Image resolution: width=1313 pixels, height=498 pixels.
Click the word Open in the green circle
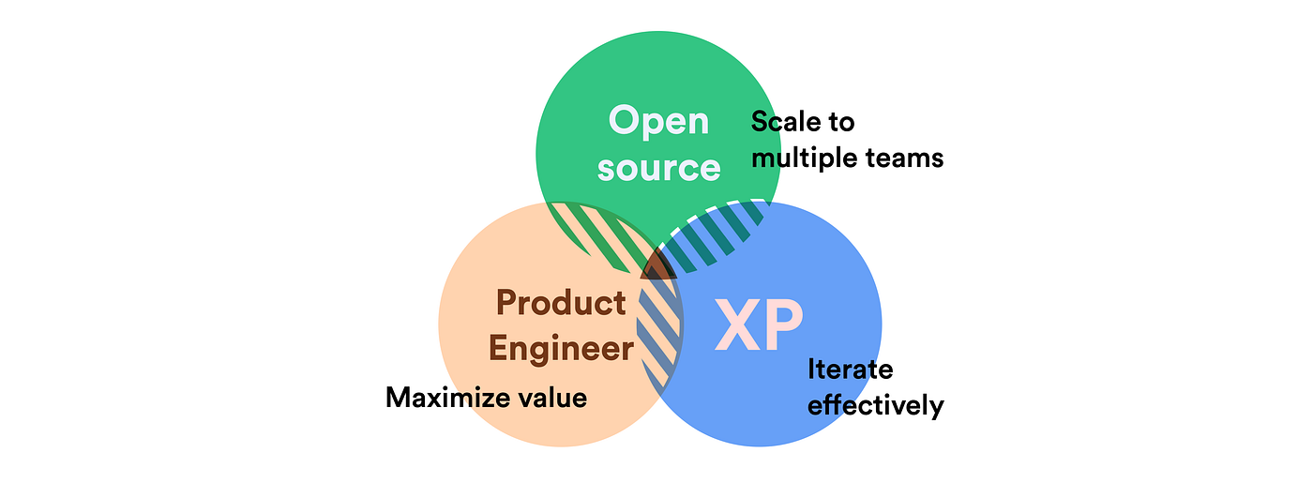[x=658, y=122]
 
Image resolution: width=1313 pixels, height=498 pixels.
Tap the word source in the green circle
[x=658, y=168]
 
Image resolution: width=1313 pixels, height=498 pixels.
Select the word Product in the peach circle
[x=561, y=303]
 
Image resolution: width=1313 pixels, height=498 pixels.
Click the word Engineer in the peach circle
[x=561, y=349]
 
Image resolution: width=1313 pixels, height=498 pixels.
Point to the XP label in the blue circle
[x=758, y=325]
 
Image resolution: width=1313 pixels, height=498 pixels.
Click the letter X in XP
[x=735, y=325]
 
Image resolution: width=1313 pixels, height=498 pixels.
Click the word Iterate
[x=850, y=370]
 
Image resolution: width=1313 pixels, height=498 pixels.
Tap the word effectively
[x=875, y=406]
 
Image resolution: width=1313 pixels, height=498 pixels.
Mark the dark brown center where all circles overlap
[x=658, y=266]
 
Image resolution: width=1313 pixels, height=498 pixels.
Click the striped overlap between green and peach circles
[x=600, y=234]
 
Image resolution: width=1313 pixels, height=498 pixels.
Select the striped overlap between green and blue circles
[x=717, y=234]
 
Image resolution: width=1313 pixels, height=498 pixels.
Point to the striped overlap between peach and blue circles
[x=659, y=328]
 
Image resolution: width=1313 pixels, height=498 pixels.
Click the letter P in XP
[x=782, y=325]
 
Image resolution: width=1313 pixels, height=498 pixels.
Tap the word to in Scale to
[x=841, y=122]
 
